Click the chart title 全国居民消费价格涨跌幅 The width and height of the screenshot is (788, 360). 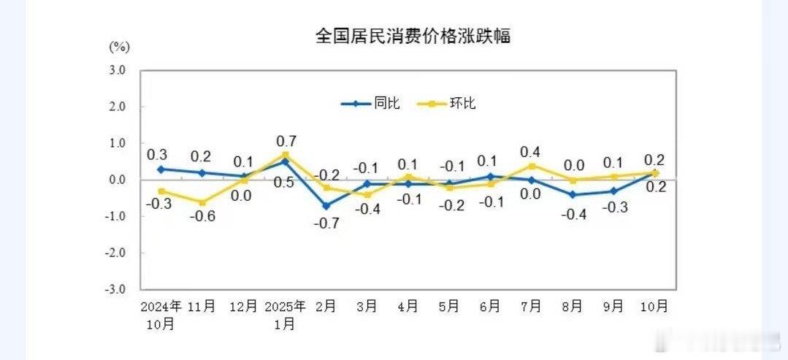[413, 36]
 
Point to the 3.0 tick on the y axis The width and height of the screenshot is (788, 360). [117, 70]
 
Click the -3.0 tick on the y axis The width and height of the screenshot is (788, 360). [115, 289]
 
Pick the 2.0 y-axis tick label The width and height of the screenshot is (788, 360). [117, 107]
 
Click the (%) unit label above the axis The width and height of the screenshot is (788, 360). [119, 47]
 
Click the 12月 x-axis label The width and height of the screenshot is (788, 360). [243, 307]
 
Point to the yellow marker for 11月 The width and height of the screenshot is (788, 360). [202, 202]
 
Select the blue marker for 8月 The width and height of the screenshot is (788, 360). [573, 194]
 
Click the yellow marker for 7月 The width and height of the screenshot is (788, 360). [532, 166]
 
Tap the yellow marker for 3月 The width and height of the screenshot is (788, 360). [368, 194]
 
